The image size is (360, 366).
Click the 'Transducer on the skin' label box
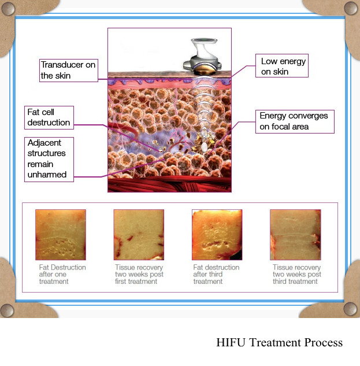[x=69, y=71]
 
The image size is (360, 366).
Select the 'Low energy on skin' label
[x=282, y=65]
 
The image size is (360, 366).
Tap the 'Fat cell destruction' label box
[x=49, y=117]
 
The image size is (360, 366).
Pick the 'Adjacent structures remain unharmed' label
[x=49, y=160]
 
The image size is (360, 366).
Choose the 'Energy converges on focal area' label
[x=295, y=121]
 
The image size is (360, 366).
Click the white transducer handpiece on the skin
[x=202, y=56]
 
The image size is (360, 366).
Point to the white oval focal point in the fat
[x=204, y=147]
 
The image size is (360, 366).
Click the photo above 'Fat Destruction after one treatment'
[x=61, y=235]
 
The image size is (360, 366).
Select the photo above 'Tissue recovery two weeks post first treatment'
[x=139, y=235]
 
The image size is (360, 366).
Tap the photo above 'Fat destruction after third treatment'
[x=217, y=235]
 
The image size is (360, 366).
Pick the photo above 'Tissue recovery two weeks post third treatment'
[x=295, y=235]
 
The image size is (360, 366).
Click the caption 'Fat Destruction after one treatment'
[x=62, y=274]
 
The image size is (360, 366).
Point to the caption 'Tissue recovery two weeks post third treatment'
[x=297, y=274]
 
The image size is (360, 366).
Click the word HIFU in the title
[x=231, y=342]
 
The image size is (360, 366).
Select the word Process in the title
[x=324, y=342]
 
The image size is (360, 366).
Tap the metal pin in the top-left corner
[x=8, y=9]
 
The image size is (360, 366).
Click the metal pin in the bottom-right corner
[x=350, y=309]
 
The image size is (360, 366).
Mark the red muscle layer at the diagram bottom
[x=170, y=184]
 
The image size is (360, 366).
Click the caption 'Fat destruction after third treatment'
[x=216, y=274]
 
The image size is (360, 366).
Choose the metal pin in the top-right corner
[x=351, y=8]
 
